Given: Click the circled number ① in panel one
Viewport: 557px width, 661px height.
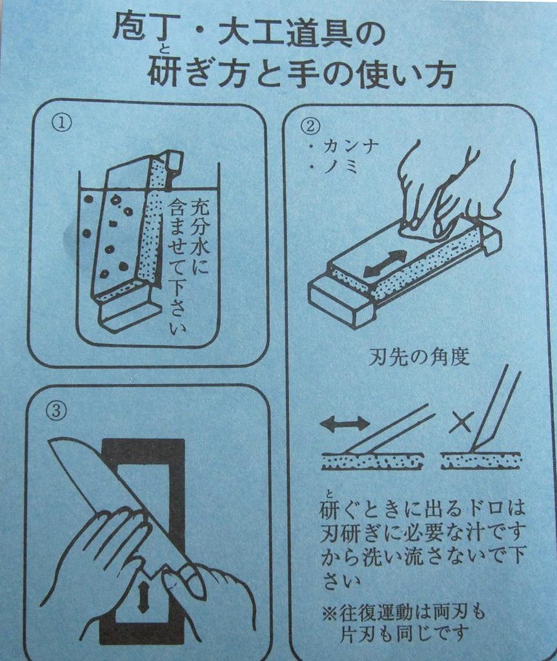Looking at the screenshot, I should click(61, 122).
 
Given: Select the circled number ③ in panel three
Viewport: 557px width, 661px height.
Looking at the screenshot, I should click(57, 412).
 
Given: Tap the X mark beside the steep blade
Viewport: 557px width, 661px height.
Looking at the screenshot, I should click(459, 423).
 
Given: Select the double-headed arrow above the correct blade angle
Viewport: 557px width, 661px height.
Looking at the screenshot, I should click(345, 423).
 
